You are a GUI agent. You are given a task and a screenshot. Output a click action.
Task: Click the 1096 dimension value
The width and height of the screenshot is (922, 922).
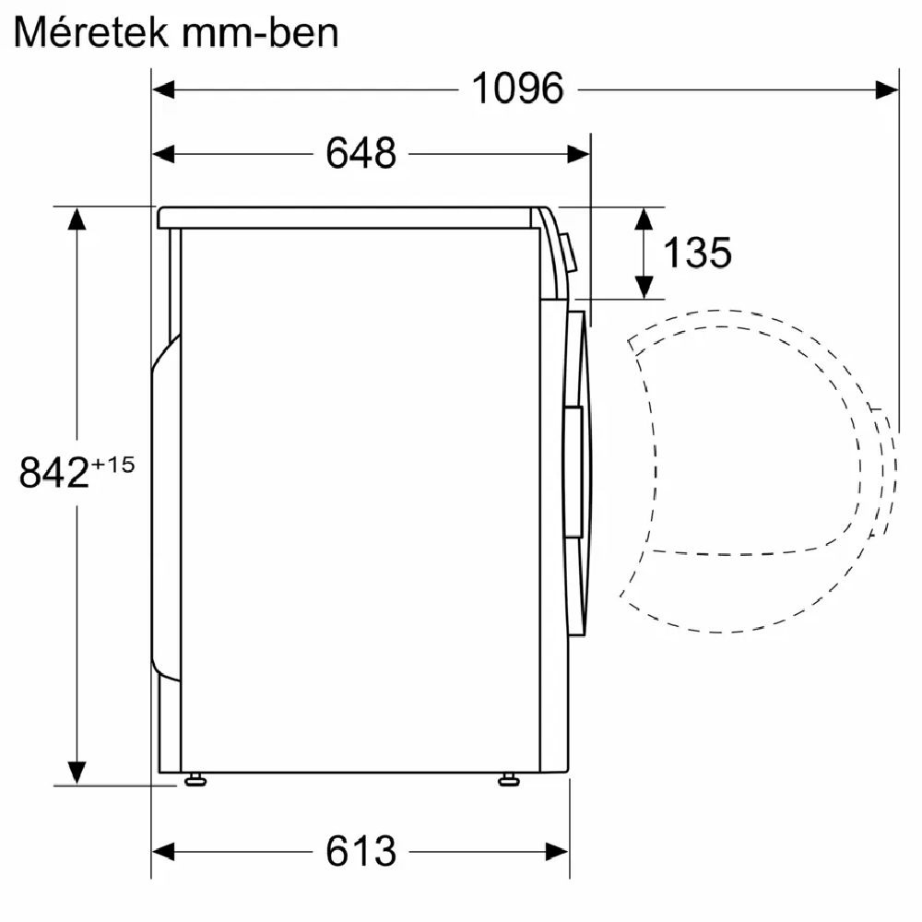click(518, 89)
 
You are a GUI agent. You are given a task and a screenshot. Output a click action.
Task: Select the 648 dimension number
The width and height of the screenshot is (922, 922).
click(361, 153)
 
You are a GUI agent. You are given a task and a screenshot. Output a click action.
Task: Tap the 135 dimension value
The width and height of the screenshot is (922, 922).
click(697, 253)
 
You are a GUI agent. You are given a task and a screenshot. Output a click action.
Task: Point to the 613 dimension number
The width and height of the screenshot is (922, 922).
click(361, 851)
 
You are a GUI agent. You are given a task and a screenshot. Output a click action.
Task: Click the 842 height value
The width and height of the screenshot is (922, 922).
click(54, 471)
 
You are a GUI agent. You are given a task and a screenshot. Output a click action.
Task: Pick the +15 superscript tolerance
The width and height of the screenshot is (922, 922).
click(112, 465)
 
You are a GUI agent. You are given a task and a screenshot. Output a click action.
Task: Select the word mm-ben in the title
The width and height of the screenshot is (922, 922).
click(260, 33)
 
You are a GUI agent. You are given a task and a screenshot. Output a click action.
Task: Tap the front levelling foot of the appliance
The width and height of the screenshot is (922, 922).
click(509, 780)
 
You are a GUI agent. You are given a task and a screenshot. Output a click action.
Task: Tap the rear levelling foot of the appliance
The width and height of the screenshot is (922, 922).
click(195, 780)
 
